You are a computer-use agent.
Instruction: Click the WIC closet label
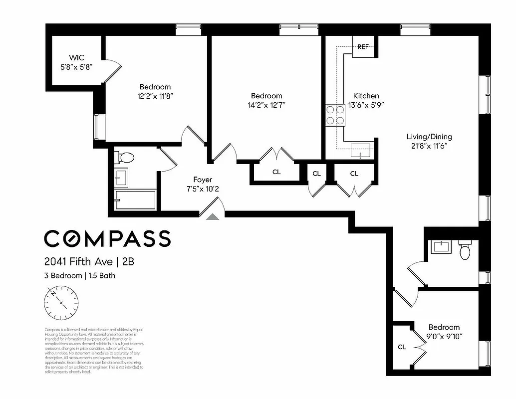tap(73, 57)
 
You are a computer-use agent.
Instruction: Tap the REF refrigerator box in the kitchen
tap(363, 47)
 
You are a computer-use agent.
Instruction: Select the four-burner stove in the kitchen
tap(335, 115)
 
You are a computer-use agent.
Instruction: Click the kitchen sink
tap(360, 149)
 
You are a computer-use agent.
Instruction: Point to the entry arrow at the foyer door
tap(212, 216)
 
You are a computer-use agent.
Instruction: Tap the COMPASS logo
tap(107, 238)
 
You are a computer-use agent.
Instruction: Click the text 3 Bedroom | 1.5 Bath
tap(80, 275)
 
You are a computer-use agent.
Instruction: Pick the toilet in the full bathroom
tap(125, 158)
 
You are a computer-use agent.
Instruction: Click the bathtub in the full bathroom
tap(135, 200)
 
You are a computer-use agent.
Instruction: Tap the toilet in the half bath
tap(465, 251)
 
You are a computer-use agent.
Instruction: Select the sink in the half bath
tap(441, 246)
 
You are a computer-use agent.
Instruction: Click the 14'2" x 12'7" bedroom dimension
tap(266, 105)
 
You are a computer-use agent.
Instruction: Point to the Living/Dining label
tap(429, 137)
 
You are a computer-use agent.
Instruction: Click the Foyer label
tap(203, 180)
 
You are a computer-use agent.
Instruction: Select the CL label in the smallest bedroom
tap(402, 347)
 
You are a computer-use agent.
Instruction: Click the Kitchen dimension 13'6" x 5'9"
tap(366, 105)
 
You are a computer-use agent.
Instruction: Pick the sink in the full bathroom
tap(121, 177)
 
